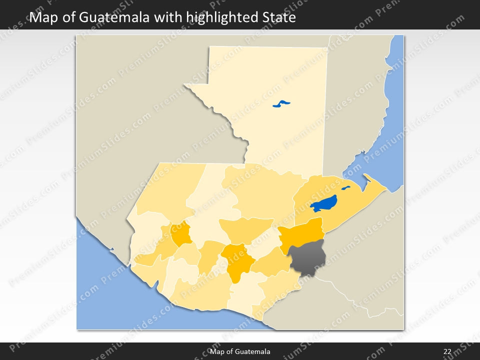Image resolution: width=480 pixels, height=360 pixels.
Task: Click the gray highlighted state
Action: click(308, 257)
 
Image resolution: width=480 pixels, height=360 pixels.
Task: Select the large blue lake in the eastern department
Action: click(323, 203)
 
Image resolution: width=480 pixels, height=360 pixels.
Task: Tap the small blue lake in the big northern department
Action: click(281, 104)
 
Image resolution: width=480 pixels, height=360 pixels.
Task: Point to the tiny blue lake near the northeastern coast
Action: click(345, 188)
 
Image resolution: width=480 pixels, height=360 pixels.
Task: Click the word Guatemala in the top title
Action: click(112, 18)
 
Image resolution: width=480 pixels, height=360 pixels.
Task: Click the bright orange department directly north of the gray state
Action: click(301, 234)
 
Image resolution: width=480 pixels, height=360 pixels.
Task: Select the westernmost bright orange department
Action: click(181, 233)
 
